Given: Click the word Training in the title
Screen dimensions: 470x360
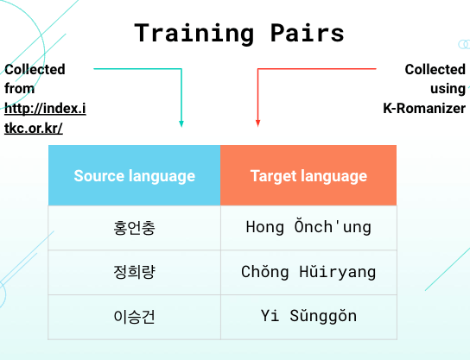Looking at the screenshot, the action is [x=194, y=34].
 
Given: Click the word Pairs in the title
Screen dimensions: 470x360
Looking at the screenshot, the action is [x=307, y=33].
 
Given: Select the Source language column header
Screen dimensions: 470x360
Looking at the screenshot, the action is [x=134, y=175].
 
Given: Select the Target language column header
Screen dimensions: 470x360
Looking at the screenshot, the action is [x=308, y=175].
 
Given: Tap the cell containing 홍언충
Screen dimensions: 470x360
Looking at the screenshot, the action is [x=134, y=228].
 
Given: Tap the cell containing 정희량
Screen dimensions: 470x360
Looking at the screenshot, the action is [x=134, y=273].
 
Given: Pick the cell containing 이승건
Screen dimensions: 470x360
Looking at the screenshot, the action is [x=134, y=317].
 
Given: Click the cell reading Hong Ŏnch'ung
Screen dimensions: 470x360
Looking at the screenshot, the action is [x=308, y=228].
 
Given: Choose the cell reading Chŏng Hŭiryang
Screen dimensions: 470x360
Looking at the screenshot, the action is [x=308, y=273].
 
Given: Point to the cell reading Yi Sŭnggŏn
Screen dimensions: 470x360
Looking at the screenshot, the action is [x=308, y=317].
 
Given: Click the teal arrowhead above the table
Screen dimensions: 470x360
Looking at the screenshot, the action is [x=181, y=123].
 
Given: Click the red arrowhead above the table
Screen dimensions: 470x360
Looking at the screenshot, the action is [x=257, y=123].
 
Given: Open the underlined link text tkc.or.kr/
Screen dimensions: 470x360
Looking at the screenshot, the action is [x=34, y=128].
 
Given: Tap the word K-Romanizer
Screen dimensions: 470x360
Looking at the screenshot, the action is [x=424, y=108].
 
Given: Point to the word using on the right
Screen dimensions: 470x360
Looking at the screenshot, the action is [x=448, y=89].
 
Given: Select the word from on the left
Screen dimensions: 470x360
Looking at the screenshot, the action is [x=20, y=88].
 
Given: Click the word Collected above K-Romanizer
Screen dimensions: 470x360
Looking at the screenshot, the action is [x=435, y=69].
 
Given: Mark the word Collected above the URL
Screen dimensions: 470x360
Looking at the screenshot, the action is [x=35, y=69].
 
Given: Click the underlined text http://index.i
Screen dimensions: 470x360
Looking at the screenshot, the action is [x=45, y=109].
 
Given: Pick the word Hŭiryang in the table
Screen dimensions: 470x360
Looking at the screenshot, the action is [x=338, y=272].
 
